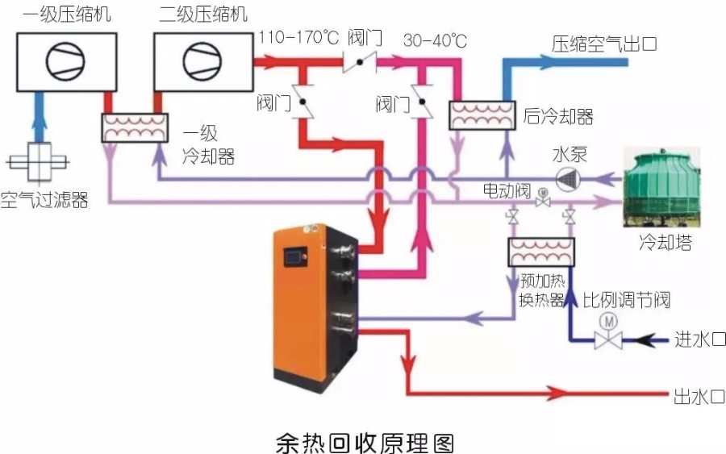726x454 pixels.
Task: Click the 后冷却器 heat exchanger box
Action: pyautogui.click(x=482, y=115)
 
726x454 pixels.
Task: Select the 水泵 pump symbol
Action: pyautogui.click(x=570, y=178)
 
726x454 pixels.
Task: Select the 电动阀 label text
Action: pyautogui.click(x=507, y=192)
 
